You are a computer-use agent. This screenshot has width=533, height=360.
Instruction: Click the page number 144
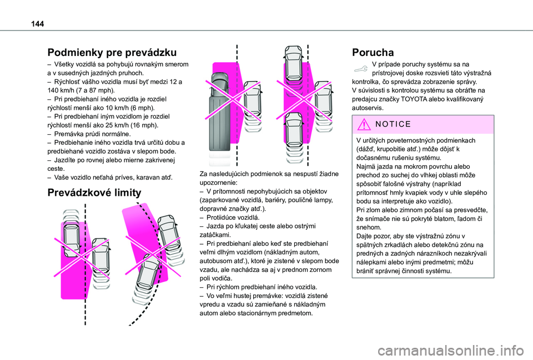tap(37, 24)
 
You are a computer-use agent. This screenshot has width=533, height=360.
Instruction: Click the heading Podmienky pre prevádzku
tap(112, 53)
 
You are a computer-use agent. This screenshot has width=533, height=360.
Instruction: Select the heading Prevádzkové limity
tap(94, 192)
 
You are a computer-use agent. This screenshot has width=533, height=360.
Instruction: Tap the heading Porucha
tap(373, 53)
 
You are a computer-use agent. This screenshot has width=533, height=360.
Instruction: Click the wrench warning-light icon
tap(361, 69)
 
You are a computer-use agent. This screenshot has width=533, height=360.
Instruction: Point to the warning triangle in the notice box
tap(364, 124)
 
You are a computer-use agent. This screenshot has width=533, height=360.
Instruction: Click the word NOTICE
tap(393, 124)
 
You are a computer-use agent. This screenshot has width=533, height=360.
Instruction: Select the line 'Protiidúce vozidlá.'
tap(233, 217)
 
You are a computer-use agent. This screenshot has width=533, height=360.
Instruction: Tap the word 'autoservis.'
tap(368, 108)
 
